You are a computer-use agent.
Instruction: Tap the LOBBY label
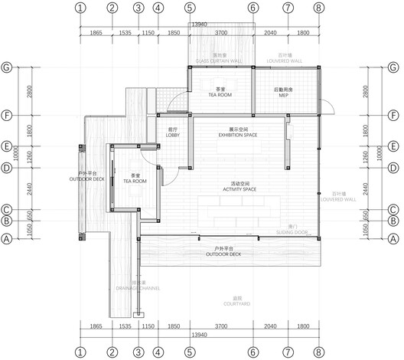tap(172, 133)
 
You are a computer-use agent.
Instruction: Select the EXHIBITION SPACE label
tap(237, 133)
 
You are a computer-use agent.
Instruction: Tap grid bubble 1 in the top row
tap(81, 8)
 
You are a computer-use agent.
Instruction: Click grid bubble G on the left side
tap(8, 67)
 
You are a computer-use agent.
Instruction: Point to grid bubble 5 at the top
tap(189, 8)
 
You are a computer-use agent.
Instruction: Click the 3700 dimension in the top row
tap(220, 34)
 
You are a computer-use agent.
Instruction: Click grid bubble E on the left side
tap(8, 146)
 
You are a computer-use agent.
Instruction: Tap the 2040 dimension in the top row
tap(270, 34)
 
